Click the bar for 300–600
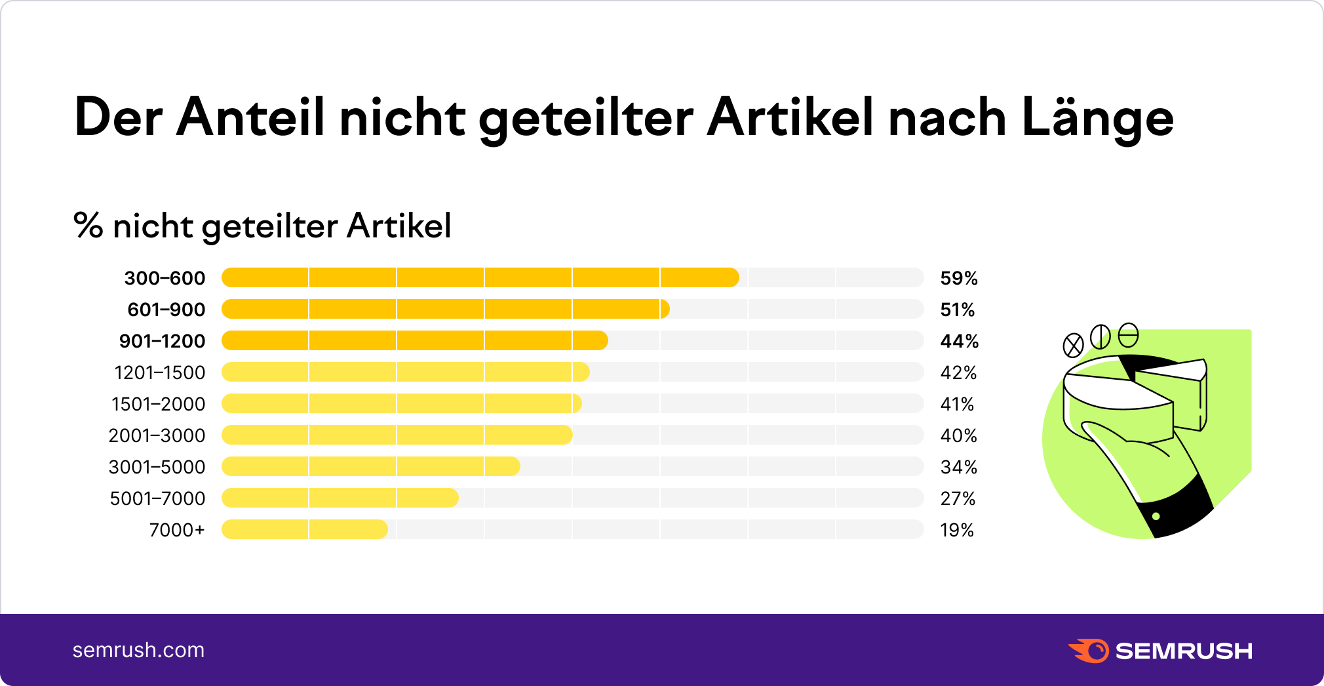[480, 277]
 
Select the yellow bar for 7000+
[305, 529]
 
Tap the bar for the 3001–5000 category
[371, 466]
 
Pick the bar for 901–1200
[414, 340]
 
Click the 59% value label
[958, 278]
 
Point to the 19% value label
[956, 530]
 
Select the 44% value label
[959, 341]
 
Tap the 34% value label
[958, 467]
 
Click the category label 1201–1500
[159, 373]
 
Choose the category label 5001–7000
[157, 498]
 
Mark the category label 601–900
[166, 310]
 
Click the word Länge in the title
[1097, 118]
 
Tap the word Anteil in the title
[250, 118]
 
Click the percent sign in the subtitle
[88, 226]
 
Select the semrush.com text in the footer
[138, 650]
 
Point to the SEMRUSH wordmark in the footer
[1183, 651]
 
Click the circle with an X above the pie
[1073, 345]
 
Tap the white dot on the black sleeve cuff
[1156, 516]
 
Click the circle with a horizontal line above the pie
[1128, 335]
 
